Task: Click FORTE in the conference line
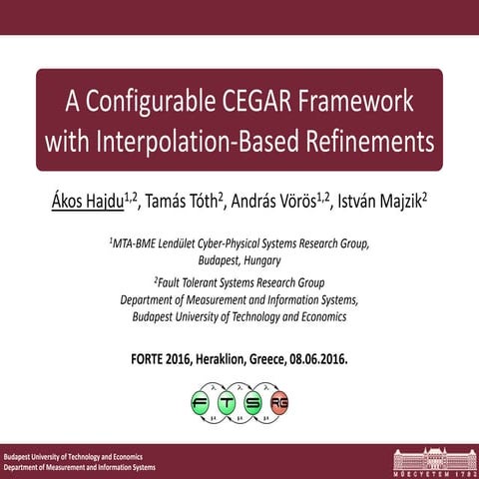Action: (151, 358)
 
